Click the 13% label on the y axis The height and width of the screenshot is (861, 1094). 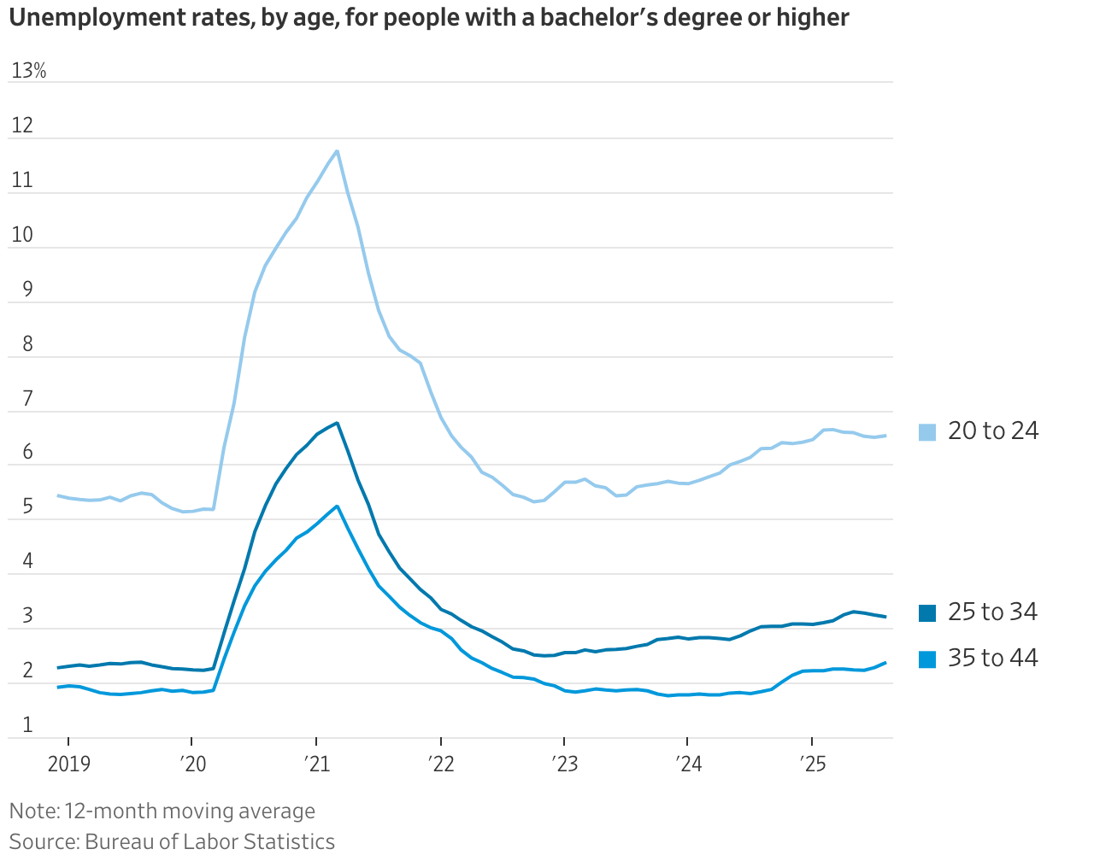pyautogui.click(x=29, y=71)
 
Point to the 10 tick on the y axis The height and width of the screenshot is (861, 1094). pyautogui.click(x=22, y=235)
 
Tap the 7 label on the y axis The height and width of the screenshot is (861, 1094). pyautogui.click(x=27, y=399)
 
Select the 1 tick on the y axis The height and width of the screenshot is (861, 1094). pyautogui.click(x=27, y=725)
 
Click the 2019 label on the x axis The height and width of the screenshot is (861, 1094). pyautogui.click(x=68, y=763)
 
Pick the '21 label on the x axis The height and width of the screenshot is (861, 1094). pyautogui.click(x=316, y=763)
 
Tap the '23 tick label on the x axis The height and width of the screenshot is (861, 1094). pyautogui.click(x=564, y=763)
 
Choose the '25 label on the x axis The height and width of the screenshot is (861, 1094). pyautogui.click(x=812, y=763)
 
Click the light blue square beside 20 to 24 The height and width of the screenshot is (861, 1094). pyautogui.click(x=927, y=432)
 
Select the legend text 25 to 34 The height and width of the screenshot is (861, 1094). pyautogui.click(x=993, y=612)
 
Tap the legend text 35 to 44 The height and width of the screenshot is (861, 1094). pyautogui.click(x=993, y=659)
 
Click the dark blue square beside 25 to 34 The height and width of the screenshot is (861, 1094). pyautogui.click(x=927, y=613)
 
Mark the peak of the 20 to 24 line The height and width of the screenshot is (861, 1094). pyautogui.click(x=338, y=151)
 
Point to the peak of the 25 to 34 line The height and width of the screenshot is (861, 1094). pyautogui.click(x=338, y=423)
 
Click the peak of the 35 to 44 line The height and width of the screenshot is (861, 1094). pyautogui.click(x=338, y=507)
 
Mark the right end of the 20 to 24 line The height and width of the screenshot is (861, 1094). pyautogui.click(x=885, y=436)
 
